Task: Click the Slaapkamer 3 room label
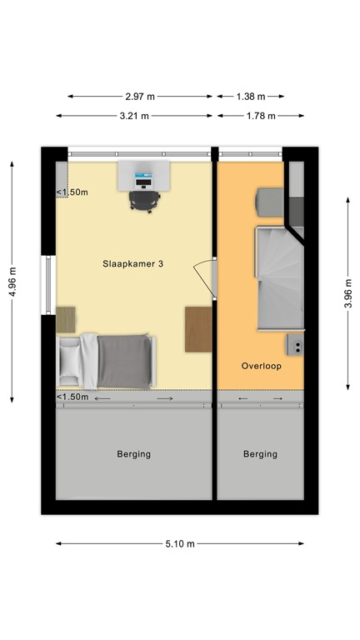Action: [x=132, y=263]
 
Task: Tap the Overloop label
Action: [x=262, y=365]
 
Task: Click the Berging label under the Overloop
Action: [x=260, y=454]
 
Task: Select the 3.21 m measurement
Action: [x=133, y=116]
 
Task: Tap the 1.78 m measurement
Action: [x=260, y=116]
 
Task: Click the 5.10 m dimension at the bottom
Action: [x=179, y=543]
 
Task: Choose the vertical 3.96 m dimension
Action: [x=348, y=292]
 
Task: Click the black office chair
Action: [x=144, y=200]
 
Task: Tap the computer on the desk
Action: [x=144, y=177]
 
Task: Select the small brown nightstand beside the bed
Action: [x=65, y=318]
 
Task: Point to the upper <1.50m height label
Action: [x=72, y=192]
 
